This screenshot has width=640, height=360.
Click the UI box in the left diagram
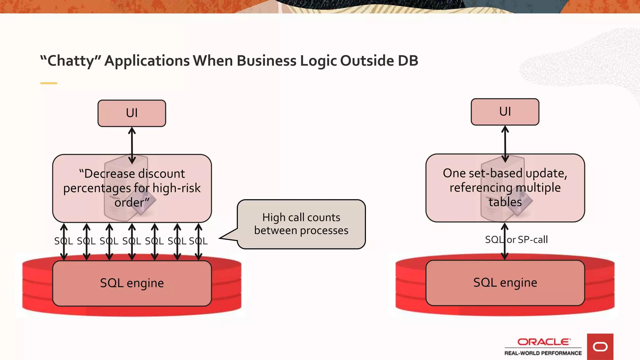click(x=132, y=113)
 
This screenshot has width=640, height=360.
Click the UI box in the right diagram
click(x=505, y=112)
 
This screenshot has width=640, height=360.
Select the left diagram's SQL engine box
click(x=132, y=283)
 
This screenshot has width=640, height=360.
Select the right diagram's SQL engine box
click(x=505, y=282)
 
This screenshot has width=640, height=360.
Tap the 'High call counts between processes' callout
click(x=301, y=224)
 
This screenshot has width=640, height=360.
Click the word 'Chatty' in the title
click(x=71, y=61)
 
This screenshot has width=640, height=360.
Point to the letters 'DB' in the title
click(x=408, y=61)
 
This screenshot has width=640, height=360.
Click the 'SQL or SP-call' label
click(x=516, y=240)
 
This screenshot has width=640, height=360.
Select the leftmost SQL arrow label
click(x=63, y=241)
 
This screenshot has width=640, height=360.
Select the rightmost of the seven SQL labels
click(x=198, y=241)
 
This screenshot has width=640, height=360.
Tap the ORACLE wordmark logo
click(x=543, y=342)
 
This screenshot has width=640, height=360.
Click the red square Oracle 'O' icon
click(x=600, y=347)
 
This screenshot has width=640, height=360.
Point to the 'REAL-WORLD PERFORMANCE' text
click(x=543, y=353)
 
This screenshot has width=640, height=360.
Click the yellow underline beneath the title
click(x=49, y=83)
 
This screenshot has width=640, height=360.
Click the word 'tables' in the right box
click(x=505, y=202)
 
